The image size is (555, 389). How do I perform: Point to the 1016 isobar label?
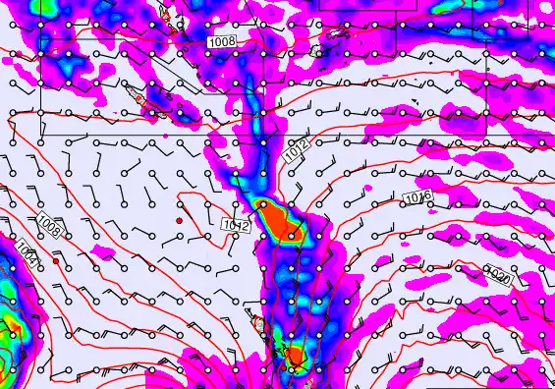click(x=418, y=199)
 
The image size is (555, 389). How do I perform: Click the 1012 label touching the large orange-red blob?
click(x=237, y=225)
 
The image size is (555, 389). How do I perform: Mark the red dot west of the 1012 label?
click(x=180, y=221)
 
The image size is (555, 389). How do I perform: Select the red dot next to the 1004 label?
click(x=56, y=261)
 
